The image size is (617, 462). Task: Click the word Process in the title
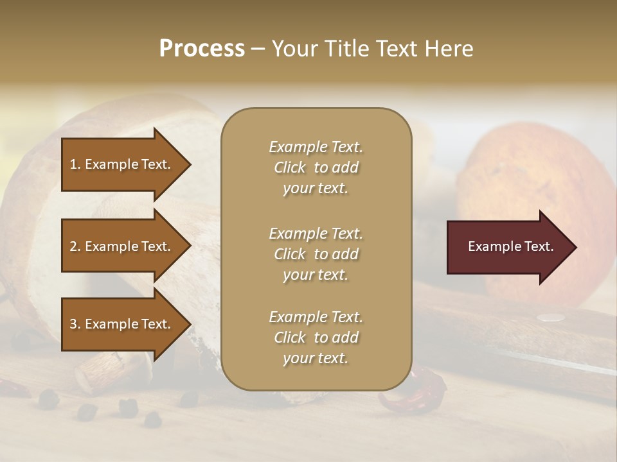point(202,49)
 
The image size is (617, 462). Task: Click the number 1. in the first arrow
point(75,164)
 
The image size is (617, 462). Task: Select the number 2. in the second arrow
point(75,246)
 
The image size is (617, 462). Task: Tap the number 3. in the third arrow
point(75,324)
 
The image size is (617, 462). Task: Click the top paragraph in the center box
point(316,167)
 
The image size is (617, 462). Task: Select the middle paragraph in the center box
point(316,253)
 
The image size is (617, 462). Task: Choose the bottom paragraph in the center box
point(316,338)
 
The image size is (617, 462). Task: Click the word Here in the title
point(451,49)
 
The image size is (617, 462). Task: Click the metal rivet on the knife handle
point(547,317)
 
